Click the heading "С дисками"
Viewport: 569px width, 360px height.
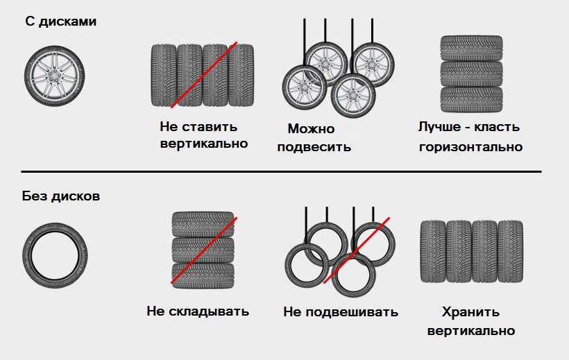pos(61,22)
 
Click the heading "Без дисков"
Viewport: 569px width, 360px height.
pos(61,196)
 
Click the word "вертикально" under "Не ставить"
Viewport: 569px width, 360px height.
pos(203,144)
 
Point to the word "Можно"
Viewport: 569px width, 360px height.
pos(311,129)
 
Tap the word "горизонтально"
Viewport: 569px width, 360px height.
pos(470,147)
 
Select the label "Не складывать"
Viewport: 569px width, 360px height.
pos(198,311)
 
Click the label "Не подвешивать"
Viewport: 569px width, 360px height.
pos(341,311)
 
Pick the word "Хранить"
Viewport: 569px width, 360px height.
pos(470,312)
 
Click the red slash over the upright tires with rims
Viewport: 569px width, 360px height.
pos(204,75)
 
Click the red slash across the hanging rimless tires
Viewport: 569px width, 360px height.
pos(355,250)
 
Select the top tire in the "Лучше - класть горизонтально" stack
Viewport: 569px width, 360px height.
pos(471,49)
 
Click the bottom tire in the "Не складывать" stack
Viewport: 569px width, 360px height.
pos(203,275)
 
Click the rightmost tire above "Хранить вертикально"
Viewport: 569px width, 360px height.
pos(510,252)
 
